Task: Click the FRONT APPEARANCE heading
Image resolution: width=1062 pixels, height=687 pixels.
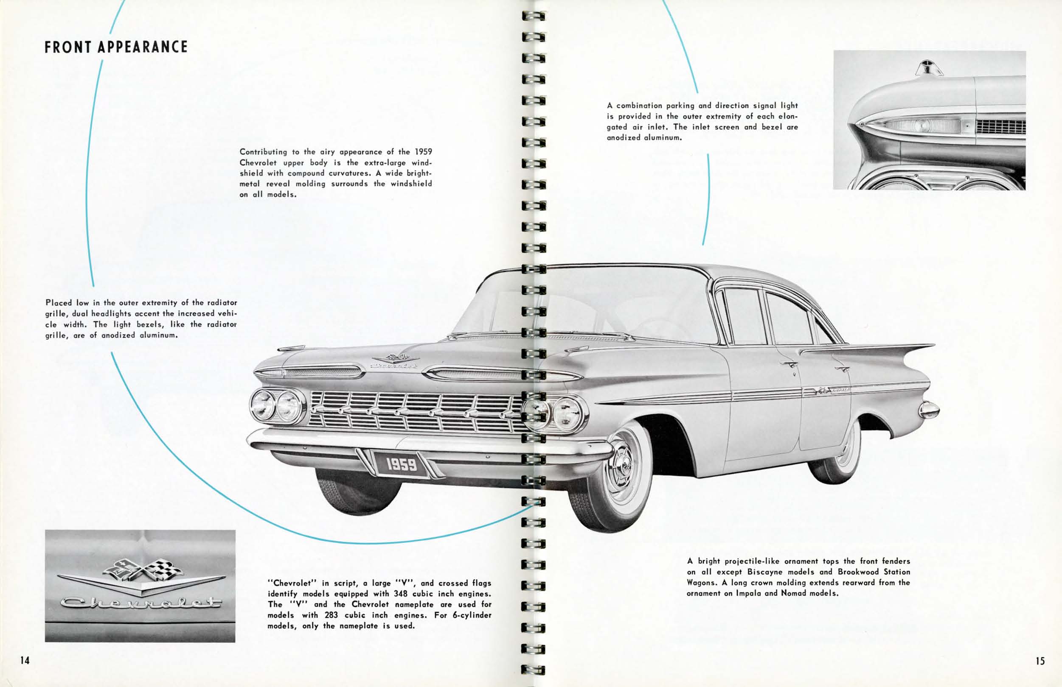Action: point(116,47)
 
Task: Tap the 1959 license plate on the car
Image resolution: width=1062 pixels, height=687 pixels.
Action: point(401,464)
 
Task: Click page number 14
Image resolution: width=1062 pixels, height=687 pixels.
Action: point(25,660)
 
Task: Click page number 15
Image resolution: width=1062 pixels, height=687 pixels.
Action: point(1040,661)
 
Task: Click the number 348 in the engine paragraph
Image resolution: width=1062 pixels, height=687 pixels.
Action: point(400,593)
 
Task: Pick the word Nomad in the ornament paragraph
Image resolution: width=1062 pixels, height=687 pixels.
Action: point(792,593)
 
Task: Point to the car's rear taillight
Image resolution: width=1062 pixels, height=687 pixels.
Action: point(929,409)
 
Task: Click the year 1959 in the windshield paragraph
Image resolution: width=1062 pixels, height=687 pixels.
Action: point(423,151)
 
